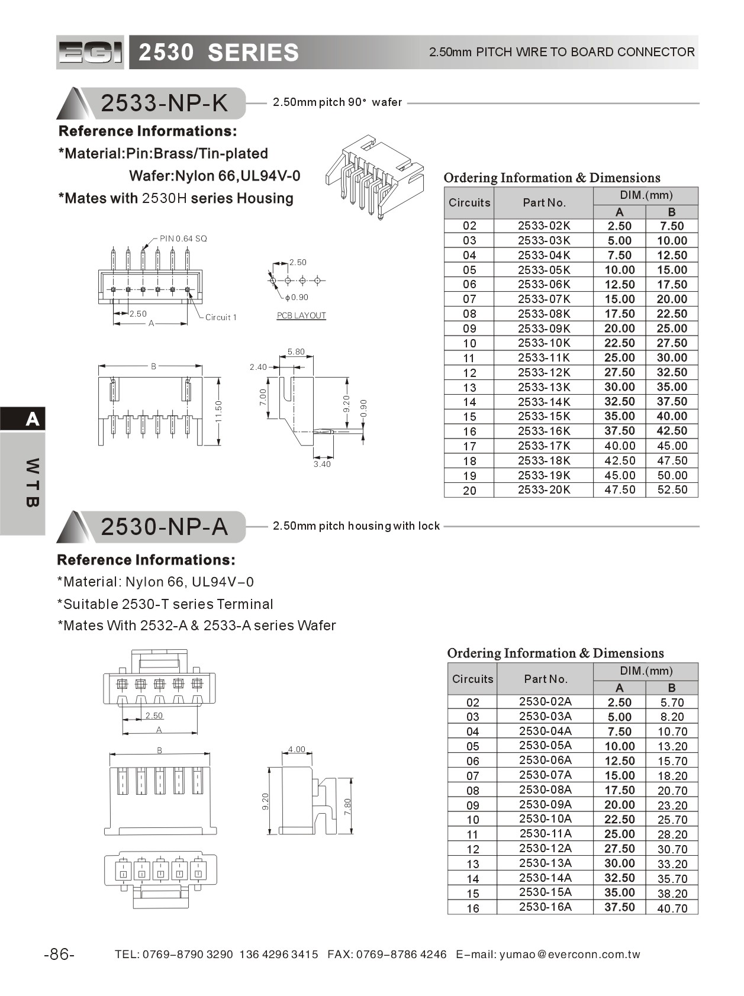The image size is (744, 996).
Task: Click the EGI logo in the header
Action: click(90, 52)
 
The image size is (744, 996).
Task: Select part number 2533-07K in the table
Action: click(543, 299)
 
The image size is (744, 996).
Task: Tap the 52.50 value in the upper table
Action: click(672, 490)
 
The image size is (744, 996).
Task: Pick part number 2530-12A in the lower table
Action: click(545, 849)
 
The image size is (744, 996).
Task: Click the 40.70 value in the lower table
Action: click(672, 908)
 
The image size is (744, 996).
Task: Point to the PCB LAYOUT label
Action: click(301, 316)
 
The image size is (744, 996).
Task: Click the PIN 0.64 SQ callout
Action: click(183, 238)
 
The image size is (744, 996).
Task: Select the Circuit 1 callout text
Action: click(221, 317)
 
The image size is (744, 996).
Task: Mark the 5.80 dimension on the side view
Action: click(296, 352)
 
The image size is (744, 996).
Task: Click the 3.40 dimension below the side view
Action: click(322, 464)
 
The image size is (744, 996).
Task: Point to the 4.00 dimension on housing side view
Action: click(297, 749)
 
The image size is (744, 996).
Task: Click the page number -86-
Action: click(59, 954)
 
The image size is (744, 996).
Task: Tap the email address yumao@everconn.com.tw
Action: click(570, 955)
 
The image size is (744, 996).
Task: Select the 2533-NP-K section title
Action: click(164, 103)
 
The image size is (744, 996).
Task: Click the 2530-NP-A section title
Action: click(164, 526)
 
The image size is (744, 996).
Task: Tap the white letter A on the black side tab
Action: click(32, 419)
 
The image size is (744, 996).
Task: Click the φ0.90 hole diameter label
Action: click(297, 297)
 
